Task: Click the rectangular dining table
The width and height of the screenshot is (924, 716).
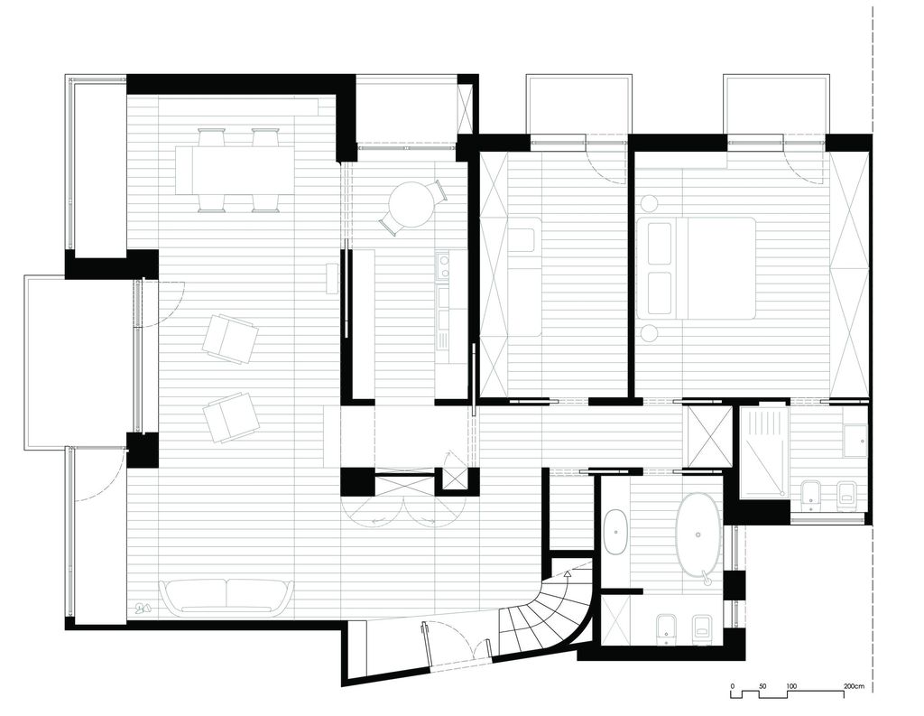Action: pyautogui.click(x=235, y=171)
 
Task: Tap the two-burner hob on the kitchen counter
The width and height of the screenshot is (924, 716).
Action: pyautogui.click(x=443, y=265)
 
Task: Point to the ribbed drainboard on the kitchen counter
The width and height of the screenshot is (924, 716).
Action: pyautogui.click(x=443, y=337)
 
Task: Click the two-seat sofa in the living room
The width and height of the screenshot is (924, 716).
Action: pyautogui.click(x=226, y=596)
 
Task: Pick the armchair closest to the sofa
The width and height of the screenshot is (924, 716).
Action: pyautogui.click(x=230, y=416)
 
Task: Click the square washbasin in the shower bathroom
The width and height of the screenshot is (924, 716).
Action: pyautogui.click(x=855, y=442)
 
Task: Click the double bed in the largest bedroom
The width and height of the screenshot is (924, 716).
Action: pyautogui.click(x=696, y=267)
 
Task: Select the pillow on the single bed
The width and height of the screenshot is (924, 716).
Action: pyautogui.click(x=522, y=240)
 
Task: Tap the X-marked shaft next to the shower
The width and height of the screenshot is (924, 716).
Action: pyautogui.click(x=708, y=436)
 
